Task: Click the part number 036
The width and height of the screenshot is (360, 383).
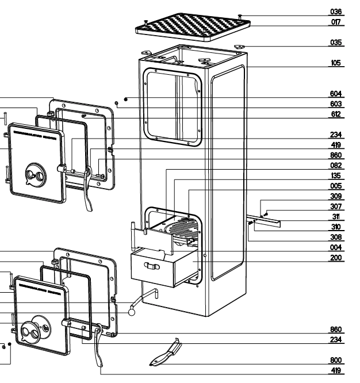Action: click(x=336, y=11)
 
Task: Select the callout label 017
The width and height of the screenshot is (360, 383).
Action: click(x=336, y=22)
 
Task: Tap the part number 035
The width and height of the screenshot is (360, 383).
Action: click(x=336, y=43)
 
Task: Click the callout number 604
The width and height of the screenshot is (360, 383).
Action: click(x=336, y=94)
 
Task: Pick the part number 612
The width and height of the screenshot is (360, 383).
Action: click(x=336, y=114)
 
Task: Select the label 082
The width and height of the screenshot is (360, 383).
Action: click(x=336, y=166)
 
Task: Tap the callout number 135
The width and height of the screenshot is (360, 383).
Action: click(x=336, y=176)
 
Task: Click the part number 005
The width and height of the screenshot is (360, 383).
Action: click(x=336, y=186)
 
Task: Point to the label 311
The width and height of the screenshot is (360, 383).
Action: click(x=336, y=217)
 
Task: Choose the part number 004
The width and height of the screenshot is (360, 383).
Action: click(x=336, y=248)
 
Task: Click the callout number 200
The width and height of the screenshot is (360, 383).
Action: click(x=336, y=258)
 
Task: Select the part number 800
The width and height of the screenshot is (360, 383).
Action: click(x=336, y=361)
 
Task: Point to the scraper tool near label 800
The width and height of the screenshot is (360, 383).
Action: click(x=167, y=354)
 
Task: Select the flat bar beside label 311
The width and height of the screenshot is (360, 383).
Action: click(x=267, y=221)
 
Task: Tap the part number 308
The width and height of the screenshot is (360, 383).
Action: click(x=336, y=238)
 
